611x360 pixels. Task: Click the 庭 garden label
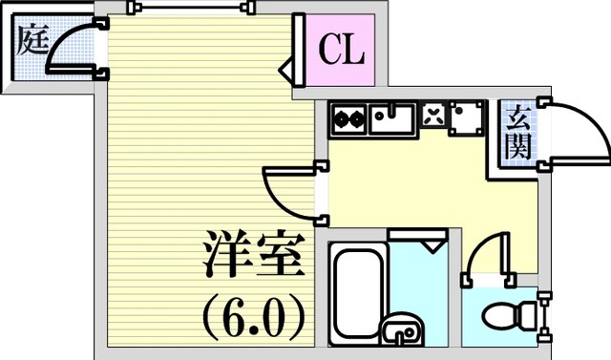point(33,39)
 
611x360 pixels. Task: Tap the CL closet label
point(342,50)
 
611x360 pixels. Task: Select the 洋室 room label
point(254,254)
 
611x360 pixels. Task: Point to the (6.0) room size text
point(254,318)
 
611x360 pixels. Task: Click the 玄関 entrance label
point(518,133)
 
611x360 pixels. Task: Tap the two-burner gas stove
point(348,118)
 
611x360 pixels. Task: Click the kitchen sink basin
point(392,118)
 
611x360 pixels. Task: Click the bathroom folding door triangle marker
point(432,247)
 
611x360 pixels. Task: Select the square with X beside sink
point(433,115)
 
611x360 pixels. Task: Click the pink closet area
point(340,50)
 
